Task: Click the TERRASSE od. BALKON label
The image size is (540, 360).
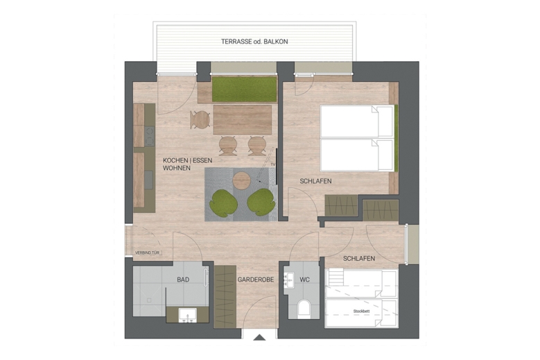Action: pos(254,42)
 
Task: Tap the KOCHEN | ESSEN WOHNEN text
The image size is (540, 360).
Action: pos(187,164)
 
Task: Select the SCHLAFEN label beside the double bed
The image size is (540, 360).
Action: pos(315,181)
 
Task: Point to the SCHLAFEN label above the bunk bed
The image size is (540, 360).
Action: pos(358,259)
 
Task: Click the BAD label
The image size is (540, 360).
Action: pos(183,280)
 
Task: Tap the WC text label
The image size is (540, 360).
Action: pos(305,280)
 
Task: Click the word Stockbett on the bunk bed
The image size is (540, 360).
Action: pos(362,311)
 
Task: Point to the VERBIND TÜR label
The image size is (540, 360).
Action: pos(148,252)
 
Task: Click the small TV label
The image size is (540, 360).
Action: pos(273,164)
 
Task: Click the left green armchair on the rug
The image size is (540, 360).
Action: pos(223,202)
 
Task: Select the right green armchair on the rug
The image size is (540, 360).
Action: pos(261,202)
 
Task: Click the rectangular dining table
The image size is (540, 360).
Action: pos(242,119)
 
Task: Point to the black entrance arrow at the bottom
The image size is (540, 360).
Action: pos(259,338)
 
